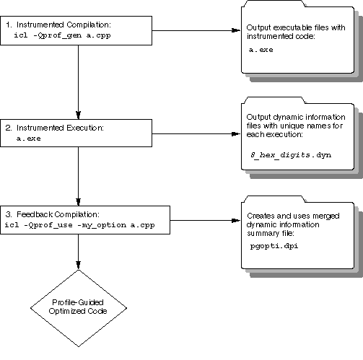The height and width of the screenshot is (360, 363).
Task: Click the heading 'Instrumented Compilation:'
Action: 64,25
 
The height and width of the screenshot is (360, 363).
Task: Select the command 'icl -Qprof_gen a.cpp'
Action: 62,35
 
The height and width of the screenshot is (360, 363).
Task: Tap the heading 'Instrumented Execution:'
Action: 60,128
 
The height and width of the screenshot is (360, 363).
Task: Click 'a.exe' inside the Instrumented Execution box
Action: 29,139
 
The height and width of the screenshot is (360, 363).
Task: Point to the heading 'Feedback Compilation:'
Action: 58,214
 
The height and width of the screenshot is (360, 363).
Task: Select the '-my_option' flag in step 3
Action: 102,225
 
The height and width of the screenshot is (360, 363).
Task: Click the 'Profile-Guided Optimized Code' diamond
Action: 79,308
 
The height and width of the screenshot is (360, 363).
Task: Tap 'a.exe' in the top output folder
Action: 261,50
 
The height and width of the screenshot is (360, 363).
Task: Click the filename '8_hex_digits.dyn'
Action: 291,155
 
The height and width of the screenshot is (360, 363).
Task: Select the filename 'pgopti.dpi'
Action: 274,246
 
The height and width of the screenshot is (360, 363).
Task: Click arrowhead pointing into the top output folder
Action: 236,30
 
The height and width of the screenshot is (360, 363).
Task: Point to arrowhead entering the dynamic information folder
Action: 236,134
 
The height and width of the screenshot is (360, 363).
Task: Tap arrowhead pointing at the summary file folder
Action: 236,220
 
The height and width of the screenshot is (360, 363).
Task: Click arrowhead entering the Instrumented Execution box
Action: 78,115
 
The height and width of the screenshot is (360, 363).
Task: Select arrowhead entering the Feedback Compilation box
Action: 78,202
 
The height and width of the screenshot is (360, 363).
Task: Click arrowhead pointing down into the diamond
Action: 78,265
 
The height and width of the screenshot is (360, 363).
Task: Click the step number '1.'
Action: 9,25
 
